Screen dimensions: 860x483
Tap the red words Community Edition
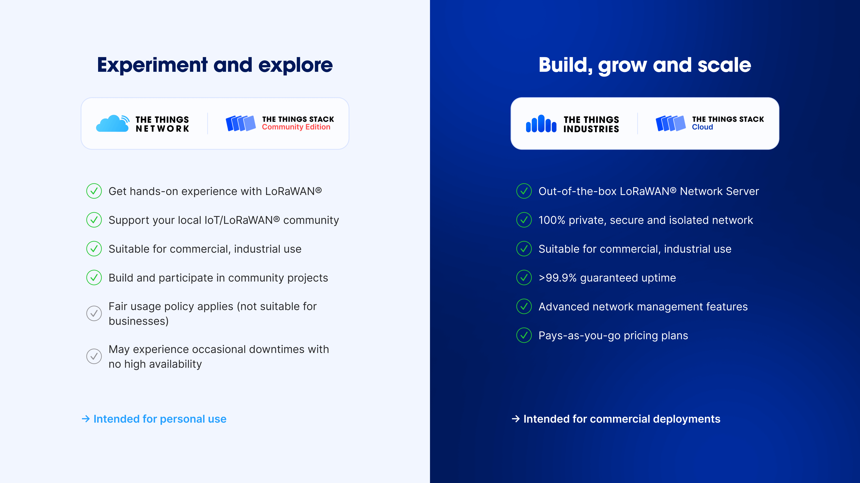click(296, 127)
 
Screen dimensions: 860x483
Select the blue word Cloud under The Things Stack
click(702, 127)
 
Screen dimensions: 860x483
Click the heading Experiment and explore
click(215, 65)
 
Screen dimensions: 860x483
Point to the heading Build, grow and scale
click(645, 65)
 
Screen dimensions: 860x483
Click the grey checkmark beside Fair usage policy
click(94, 313)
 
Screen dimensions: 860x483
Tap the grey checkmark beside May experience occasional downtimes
click(94, 356)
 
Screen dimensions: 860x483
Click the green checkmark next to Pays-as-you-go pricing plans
click(524, 335)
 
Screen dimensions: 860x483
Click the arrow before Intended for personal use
click(86, 419)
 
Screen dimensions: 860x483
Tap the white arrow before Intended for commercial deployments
click(516, 419)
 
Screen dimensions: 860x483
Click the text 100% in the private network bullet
click(552, 220)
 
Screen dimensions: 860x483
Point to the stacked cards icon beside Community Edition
click(241, 123)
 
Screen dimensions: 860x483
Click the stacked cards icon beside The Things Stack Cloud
click(671, 123)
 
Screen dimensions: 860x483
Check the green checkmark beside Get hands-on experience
click(94, 191)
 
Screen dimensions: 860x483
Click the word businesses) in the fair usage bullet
click(139, 321)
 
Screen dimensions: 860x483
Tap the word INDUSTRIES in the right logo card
click(591, 129)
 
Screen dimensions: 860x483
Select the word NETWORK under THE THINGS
click(163, 129)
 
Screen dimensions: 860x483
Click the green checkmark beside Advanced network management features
click(524, 306)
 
